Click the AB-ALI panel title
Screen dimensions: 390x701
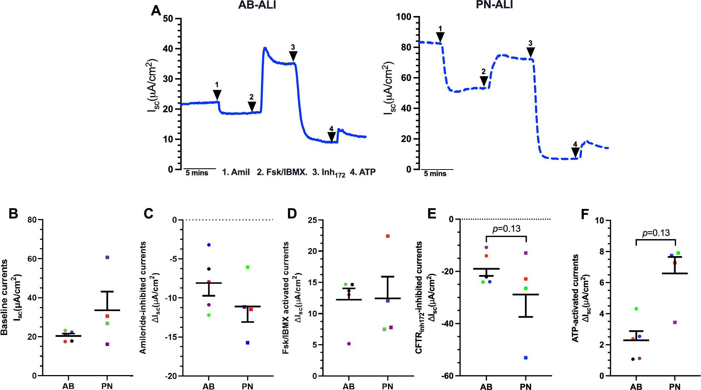(x=257, y=5)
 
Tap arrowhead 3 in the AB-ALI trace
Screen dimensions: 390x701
(x=293, y=56)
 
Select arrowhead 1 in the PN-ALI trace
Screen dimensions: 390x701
(x=440, y=37)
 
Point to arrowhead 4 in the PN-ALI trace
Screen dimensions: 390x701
(x=575, y=152)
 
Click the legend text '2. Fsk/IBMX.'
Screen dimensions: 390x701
(x=282, y=172)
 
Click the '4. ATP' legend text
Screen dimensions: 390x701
(x=363, y=172)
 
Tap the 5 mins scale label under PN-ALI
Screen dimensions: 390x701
(x=435, y=174)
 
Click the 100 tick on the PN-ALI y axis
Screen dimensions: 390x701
(x=404, y=17)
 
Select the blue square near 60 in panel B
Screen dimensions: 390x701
(x=107, y=257)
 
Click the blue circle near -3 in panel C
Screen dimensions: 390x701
(x=209, y=245)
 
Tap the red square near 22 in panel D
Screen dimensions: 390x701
(x=388, y=236)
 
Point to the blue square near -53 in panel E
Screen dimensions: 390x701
(x=526, y=358)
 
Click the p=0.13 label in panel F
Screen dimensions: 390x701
(x=656, y=233)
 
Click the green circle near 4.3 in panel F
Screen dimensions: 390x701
(x=636, y=309)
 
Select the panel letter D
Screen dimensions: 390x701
(x=292, y=214)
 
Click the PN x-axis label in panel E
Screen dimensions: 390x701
(x=526, y=387)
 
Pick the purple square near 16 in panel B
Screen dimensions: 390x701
(x=107, y=344)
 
